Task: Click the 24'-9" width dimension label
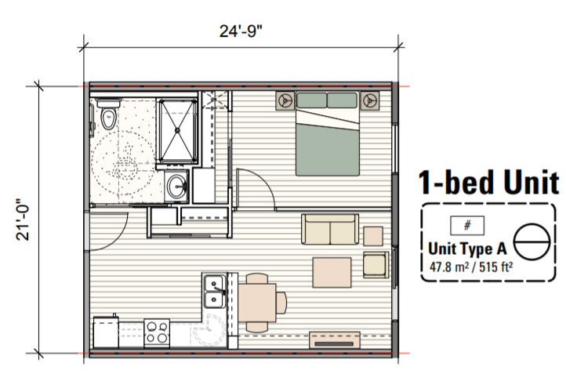pyautogui.click(x=241, y=31)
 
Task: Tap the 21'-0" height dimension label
pyautogui.click(x=23, y=219)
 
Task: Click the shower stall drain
pyautogui.click(x=177, y=130)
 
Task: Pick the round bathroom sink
pyautogui.click(x=177, y=186)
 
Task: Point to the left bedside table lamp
pyautogui.click(x=285, y=100)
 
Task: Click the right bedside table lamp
pyautogui.click(x=369, y=100)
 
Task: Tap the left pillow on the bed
pyautogui.click(x=311, y=100)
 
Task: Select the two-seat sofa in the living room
pyautogui.click(x=330, y=229)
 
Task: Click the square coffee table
pyautogui.click(x=332, y=272)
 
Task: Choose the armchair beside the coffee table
pyautogui.click(x=376, y=264)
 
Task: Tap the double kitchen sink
pyautogui.click(x=215, y=292)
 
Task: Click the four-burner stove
pyautogui.click(x=157, y=332)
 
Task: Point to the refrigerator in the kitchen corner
pyautogui.click(x=106, y=332)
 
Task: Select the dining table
pyautogui.click(x=257, y=303)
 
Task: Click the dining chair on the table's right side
pyautogui.click(x=281, y=303)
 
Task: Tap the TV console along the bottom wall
pyautogui.click(x=335, y=340)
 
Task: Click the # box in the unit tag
pyautogui.click(x=467, y=226)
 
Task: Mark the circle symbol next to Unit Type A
pyautogui.click(x=532, y=241)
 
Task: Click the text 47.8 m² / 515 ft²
pyautogui.click(x=471, y=267)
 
